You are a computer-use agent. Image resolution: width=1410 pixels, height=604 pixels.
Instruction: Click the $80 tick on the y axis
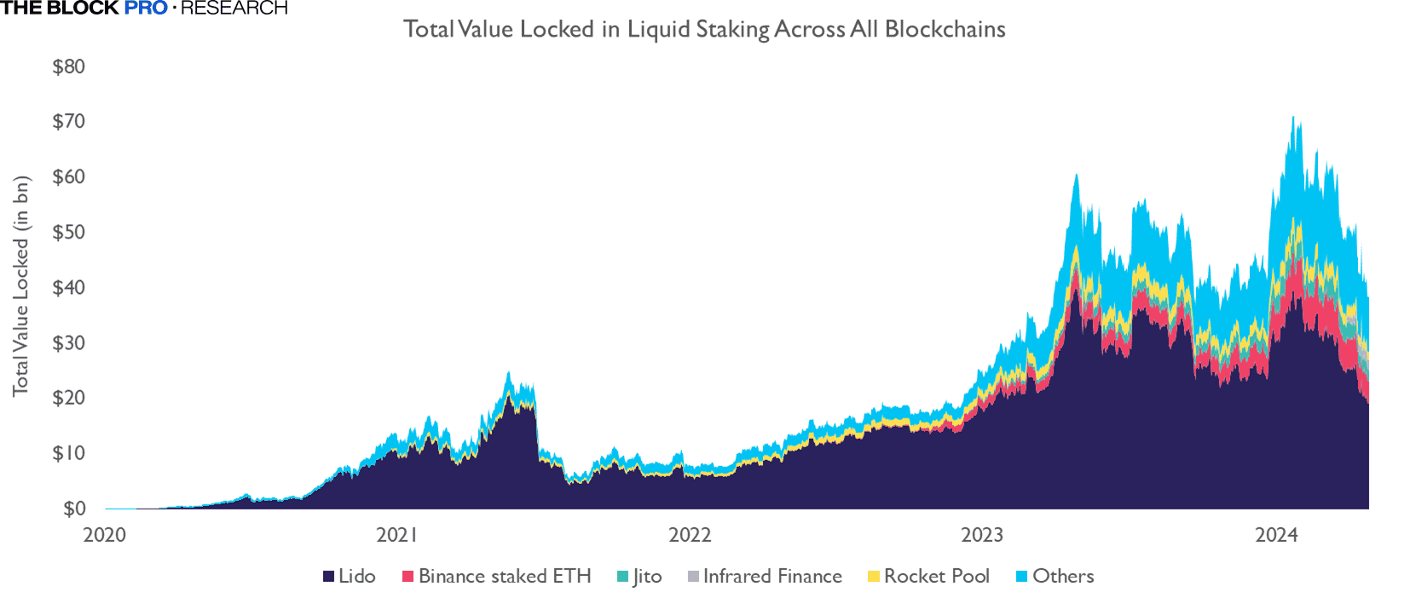pos(68,66)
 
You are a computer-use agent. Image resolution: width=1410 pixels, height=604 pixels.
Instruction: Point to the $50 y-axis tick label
pos(68,232)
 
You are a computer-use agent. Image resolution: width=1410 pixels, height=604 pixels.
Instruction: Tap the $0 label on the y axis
pos(73,509)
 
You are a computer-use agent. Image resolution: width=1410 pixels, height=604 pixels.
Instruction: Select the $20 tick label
pos(68,398)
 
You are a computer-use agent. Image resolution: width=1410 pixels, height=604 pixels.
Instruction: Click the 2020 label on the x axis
pos(104,535)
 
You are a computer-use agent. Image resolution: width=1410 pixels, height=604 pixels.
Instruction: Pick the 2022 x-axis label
pos(689,535)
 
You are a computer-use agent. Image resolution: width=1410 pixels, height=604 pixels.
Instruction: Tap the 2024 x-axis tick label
pos(1275,535)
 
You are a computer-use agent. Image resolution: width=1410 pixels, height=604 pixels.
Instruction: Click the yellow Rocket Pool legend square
pos(873,577)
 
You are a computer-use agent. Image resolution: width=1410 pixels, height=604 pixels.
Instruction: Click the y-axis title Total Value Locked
pos(20,285)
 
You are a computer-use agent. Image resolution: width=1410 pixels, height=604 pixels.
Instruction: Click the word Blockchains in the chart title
pos(945,29)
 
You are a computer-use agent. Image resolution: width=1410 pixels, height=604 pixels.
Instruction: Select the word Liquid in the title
pos(657,29)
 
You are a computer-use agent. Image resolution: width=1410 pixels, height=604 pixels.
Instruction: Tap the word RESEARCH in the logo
pos(234,9)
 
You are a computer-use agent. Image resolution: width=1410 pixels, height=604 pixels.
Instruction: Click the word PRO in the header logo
pos(146,9)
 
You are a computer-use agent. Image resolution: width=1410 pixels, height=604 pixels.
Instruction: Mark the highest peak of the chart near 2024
pos(1293,118)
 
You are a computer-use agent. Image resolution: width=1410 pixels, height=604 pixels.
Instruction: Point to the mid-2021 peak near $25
pos(508,372)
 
